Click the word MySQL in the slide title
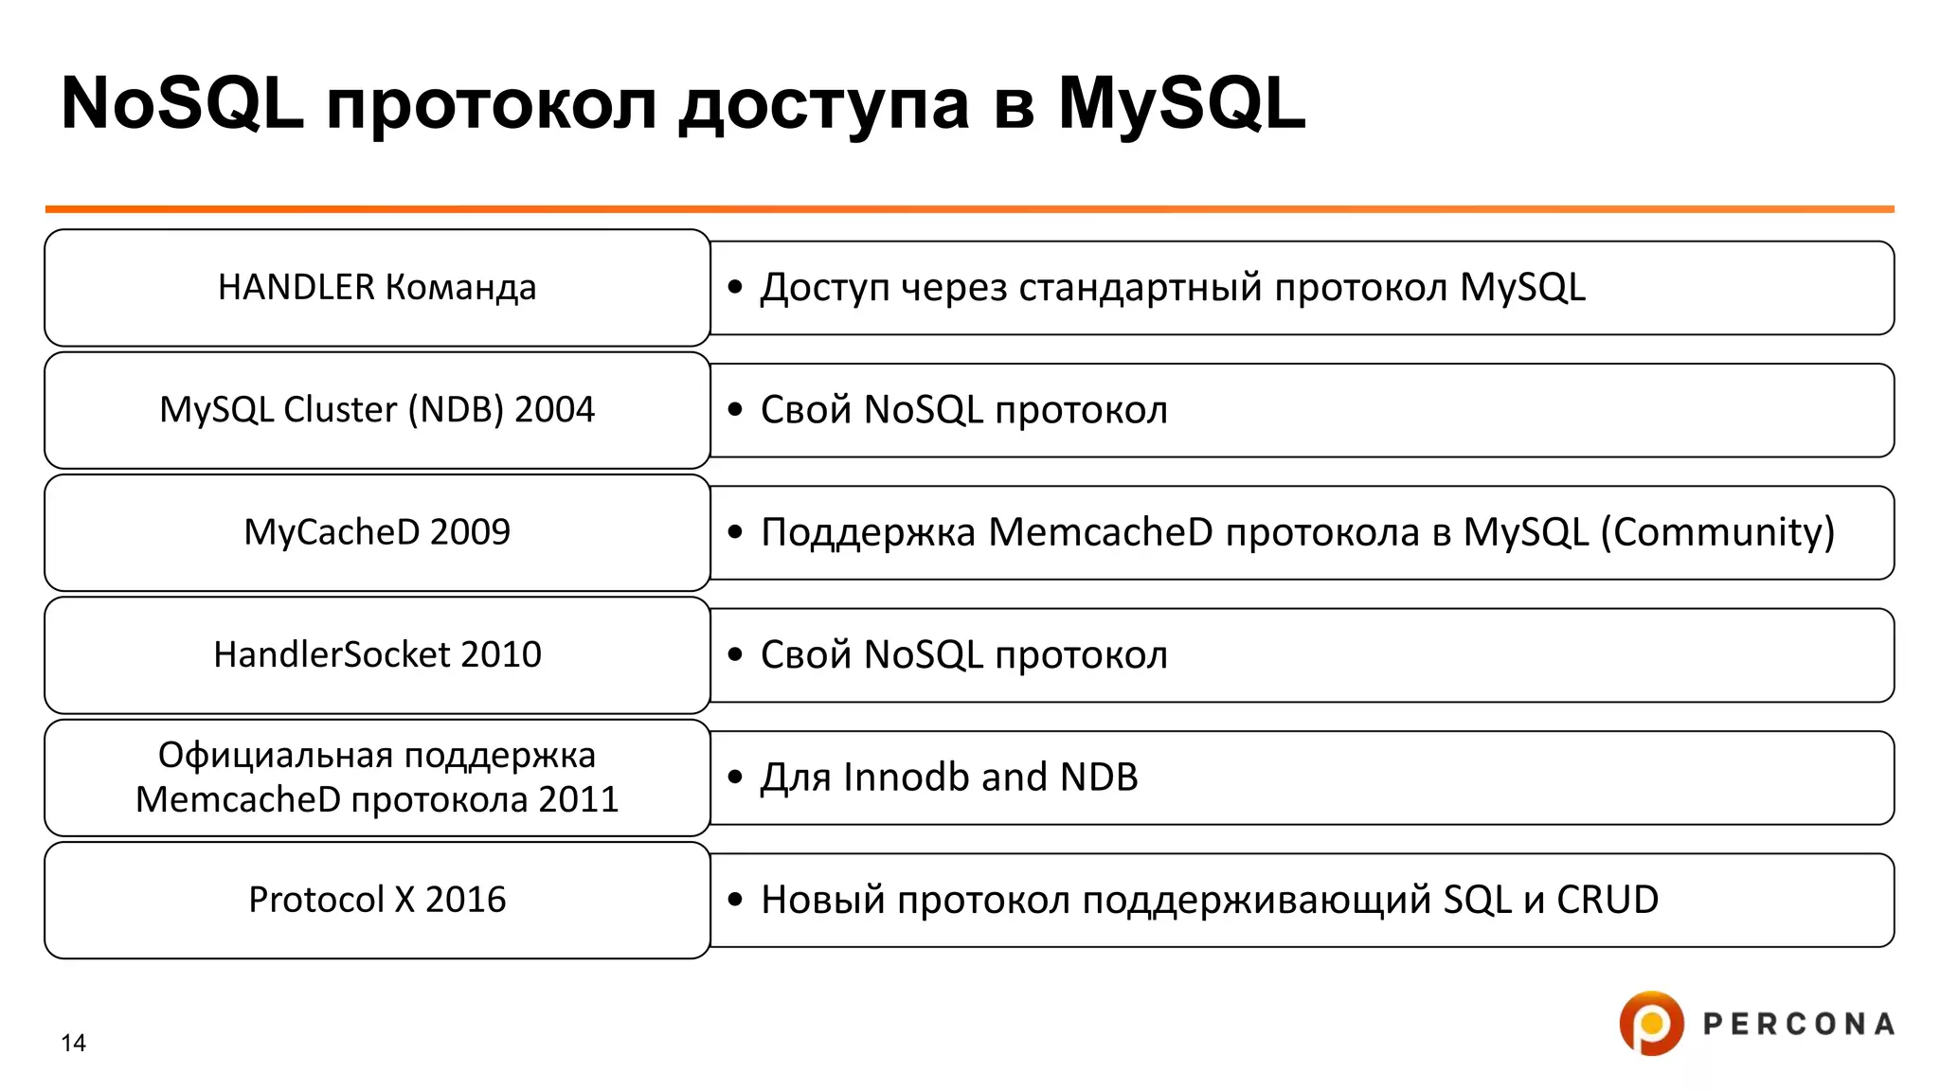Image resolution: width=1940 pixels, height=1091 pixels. pos(1181,104)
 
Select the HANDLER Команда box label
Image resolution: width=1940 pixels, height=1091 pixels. pos(377,287)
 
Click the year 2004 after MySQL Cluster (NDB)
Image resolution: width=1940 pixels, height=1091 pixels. pos(554,409)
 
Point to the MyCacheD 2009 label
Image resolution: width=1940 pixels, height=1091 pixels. pos(377,532)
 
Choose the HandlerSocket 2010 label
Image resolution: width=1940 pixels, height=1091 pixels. pos(377,654)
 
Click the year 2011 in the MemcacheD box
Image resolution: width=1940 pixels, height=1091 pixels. pos(578,799)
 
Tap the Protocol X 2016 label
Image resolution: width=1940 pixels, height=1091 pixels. pos(377,900)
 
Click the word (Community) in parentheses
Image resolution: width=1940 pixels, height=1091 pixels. pos(1717,532)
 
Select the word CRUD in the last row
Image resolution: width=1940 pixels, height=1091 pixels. pos(1607,900)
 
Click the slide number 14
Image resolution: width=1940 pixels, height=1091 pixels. pos(73,1043)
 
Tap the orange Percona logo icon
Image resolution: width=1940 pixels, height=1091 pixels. pos(1651,1023)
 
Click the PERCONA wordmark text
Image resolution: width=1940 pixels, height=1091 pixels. pos(1798,1024)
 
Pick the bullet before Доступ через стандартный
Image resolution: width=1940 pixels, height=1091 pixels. pos(735,287)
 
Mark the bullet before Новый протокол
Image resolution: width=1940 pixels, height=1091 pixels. pos(735,900)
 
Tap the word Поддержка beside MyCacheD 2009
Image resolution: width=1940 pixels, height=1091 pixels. pos(868,532)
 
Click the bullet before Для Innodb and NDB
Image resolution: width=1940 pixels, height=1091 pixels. pos(735,778)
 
